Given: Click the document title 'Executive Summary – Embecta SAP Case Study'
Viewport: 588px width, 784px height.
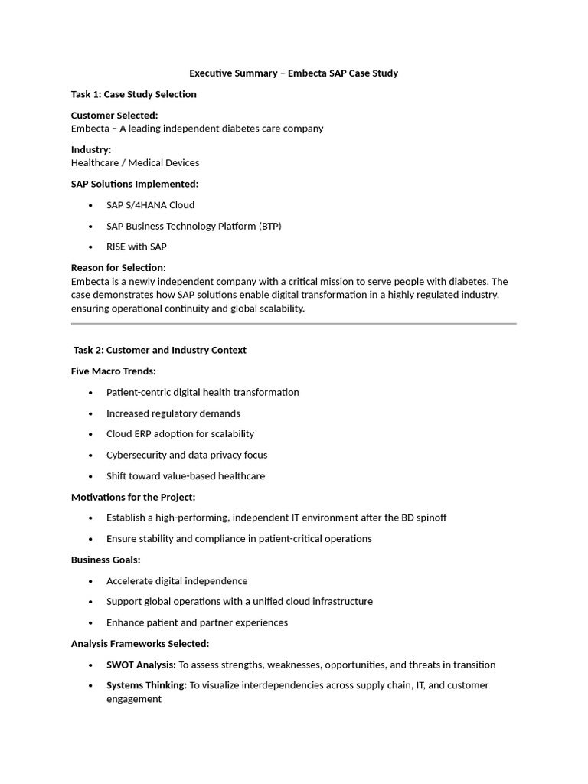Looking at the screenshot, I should [x=294, y=73].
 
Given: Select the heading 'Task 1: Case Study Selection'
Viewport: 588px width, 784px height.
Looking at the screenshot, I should [x=134, y=94].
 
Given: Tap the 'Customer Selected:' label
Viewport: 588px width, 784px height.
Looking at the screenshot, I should [x=115, y=116].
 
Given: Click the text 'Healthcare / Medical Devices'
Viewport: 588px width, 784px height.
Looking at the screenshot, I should [x=135, y=163].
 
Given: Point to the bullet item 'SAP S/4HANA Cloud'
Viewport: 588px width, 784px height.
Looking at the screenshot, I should [x=150, y=205].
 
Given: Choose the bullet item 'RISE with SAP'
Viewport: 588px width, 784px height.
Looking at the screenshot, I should [x=136, y=247].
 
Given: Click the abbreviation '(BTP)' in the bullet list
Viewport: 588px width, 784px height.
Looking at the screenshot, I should [x=269, y=226].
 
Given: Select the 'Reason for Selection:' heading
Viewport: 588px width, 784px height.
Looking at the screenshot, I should [x=119, y=268].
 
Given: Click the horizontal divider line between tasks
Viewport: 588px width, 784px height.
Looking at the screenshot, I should [x=294, y=324].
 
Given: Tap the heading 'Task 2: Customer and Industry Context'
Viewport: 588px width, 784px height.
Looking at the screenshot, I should [x=160, y=350].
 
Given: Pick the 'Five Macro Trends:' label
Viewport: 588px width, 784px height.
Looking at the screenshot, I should [x=113, y=371].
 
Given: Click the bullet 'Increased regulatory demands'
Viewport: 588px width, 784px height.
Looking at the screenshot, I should [x=173, y=413].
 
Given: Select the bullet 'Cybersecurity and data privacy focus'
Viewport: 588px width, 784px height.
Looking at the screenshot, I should [x=187, y=455].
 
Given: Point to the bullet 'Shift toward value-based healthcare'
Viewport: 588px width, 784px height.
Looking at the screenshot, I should [x=185, y=476].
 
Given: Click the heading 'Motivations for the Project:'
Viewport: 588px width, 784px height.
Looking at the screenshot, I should [x=133, y=497].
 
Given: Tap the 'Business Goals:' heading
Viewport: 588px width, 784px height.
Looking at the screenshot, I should [x=106, y=560].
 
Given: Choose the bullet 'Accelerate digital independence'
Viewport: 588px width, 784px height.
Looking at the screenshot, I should [x=177, y=581].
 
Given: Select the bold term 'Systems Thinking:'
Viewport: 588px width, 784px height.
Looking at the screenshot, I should [x=146, y=685].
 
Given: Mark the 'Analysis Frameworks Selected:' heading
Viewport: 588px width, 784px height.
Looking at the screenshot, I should [x=140, y=643].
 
